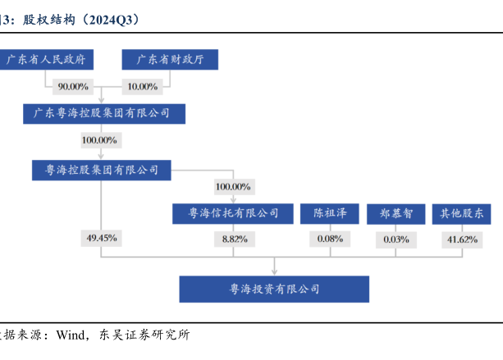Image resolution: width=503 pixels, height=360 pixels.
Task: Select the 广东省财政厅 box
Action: click(x=170, y=60)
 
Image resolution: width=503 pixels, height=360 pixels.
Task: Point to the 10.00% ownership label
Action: click(x=142, y=86)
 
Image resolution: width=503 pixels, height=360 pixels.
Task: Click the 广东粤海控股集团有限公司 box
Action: click(x=103, y=113)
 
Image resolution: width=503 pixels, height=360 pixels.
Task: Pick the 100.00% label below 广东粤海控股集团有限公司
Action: click(x=99, y=140)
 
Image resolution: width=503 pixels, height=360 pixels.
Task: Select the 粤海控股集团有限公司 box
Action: click(x=101, y=170)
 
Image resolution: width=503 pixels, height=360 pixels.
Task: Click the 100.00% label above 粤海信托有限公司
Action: click(x=232, y=186)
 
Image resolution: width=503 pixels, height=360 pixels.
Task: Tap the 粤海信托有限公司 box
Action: click(x=234, y=213)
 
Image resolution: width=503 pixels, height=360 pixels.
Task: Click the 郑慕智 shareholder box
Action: click(x=396, y=213)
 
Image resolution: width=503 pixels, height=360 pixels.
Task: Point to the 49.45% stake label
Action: click(x=102, y=238)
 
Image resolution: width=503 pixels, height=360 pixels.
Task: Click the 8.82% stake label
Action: click(x=233, y=239)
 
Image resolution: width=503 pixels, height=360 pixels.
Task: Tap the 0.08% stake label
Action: click(x=329, y=239)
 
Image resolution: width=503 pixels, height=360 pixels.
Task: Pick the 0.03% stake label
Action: click(x=396, y=239)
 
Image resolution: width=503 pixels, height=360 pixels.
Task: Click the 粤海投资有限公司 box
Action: click(x=274, y=289)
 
